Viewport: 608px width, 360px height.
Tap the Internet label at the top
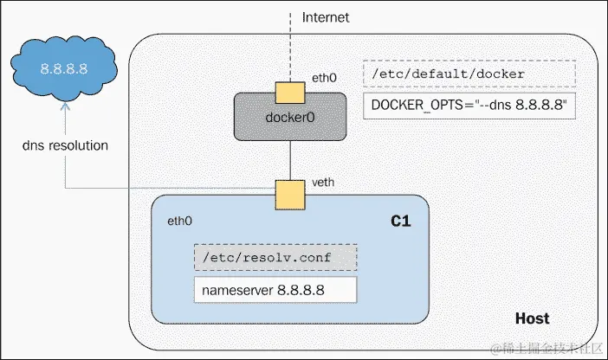pyautogui.click(x=325, y=16)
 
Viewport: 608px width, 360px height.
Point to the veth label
pyautogui.click(x=322, y=183)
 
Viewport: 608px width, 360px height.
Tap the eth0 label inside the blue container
pyautogui.click(x=180, y=222)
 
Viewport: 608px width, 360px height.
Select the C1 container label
pyautogui.click(x=400, y=222)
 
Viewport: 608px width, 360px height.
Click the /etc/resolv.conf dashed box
pyautogui.click(x=274, y=259)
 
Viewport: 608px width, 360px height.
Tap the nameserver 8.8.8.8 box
pyautogui.click(x=274, y=289)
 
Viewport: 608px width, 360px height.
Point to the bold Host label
pyautogui.click(x=532, y=318)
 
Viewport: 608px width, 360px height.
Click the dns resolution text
pyautogui.click(x=66, y=145)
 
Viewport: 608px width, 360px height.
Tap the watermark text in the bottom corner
pyautogui.click(x=546, y=349)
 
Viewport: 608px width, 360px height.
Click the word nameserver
pyautogui.click(x=236, y=289)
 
